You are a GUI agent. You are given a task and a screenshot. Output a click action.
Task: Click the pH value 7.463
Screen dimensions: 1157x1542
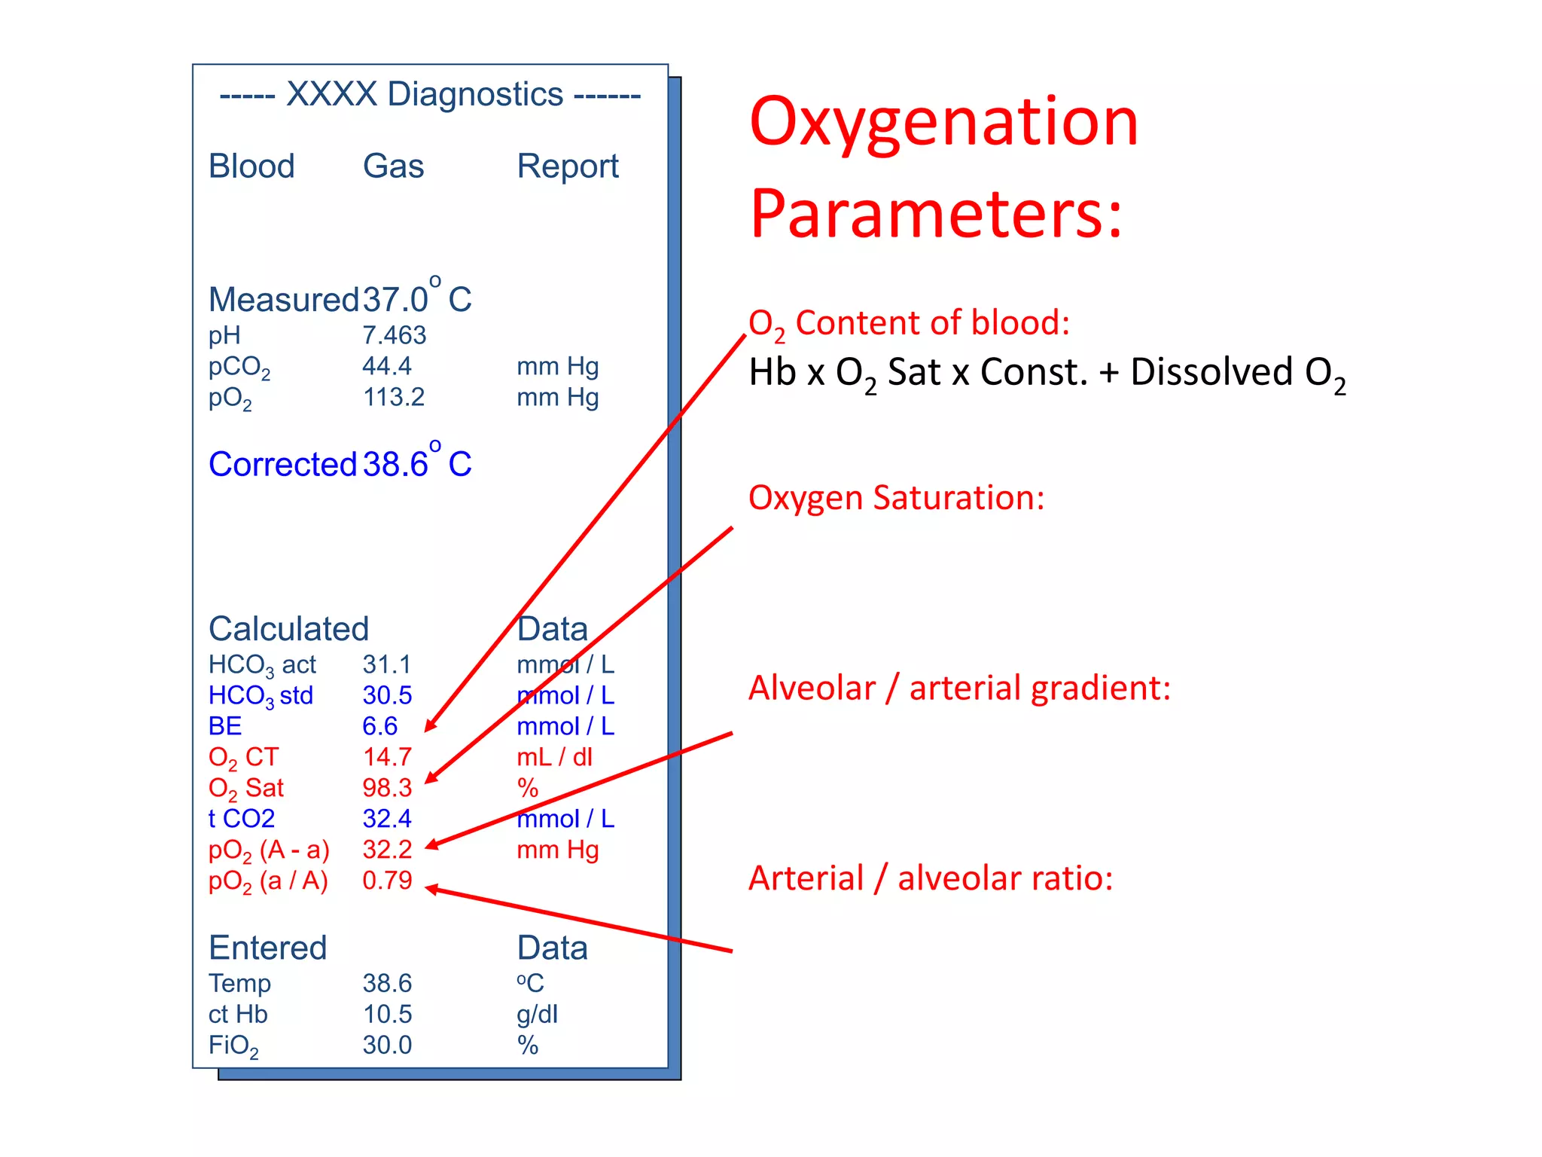coord(394,335)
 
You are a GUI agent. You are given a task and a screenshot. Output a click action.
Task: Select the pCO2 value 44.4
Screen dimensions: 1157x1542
coord(386,366)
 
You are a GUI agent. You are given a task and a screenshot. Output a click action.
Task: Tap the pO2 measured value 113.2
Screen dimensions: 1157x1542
coord(393,397)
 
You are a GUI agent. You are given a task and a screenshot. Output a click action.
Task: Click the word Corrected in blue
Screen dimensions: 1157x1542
coord(282,464)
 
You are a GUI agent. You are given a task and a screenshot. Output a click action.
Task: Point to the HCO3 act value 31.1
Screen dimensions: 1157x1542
coord(386,664)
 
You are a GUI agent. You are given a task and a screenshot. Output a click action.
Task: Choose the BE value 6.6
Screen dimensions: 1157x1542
coord(379,726)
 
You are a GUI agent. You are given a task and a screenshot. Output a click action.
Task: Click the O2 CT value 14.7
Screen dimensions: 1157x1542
coord(387,757)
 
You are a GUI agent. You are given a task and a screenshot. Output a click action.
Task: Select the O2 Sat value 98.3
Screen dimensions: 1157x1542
coord(387,788)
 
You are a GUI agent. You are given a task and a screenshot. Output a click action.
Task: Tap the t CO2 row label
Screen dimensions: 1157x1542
coord(242,819)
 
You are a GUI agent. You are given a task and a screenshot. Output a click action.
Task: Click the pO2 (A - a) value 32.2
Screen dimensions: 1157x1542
coord(387,850)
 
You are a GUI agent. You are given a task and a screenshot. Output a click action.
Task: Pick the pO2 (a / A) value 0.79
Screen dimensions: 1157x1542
coord(387,881)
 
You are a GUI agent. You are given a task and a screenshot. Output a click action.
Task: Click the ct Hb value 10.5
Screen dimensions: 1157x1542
coord(387,1015)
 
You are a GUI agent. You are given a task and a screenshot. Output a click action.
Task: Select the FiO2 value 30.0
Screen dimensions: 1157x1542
coord(387,1046)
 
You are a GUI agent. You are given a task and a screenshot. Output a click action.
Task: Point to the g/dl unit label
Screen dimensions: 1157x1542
coord(537,1015)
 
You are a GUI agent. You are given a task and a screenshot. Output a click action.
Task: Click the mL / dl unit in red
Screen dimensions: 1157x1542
coord(554,757)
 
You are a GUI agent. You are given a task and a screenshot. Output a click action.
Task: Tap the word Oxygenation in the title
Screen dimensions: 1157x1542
coord(943,122)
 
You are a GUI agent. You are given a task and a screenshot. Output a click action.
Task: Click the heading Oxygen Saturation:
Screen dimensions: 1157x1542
coord(896,498)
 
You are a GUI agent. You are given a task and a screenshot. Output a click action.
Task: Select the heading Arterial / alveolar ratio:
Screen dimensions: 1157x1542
coord(931,878)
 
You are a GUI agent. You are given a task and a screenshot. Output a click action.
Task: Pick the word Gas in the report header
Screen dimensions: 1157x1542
coord(393,166)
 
